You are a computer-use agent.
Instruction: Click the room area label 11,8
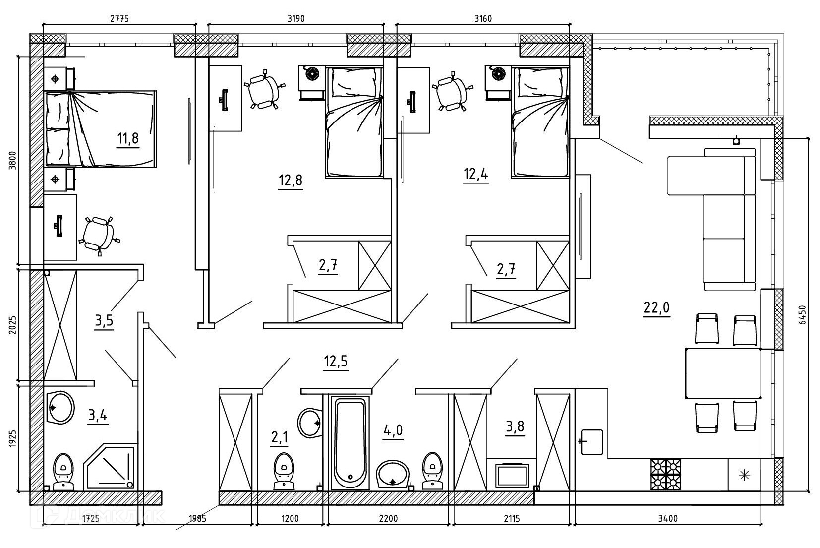pos(128,138)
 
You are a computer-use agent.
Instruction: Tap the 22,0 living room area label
pos(657,307)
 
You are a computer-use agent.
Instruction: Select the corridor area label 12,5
pos(336,361)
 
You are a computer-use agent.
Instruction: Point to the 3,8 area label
pos(515,426)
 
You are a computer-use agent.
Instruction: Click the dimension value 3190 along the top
pos(296,18)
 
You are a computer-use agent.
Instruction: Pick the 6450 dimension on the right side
pos(802,314)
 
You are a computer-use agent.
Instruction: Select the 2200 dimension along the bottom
pos(388,518)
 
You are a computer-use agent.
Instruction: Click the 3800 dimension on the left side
pos(13,160)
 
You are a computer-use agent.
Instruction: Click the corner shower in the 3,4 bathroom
pos(111,467)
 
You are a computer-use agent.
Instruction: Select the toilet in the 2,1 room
pos(284,471)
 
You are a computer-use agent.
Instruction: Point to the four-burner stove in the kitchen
pos(666,475)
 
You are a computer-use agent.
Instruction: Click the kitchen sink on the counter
pos(592,442)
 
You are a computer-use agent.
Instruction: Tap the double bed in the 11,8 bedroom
pos(101,129)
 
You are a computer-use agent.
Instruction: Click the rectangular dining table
pos(723,373)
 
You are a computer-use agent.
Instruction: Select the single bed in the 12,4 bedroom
pos(540,122)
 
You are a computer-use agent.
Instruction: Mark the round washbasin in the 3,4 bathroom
pos(61,407)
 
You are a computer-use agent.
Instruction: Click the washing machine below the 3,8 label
pos(512,476)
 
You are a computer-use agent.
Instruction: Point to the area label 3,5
pos(104,321)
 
